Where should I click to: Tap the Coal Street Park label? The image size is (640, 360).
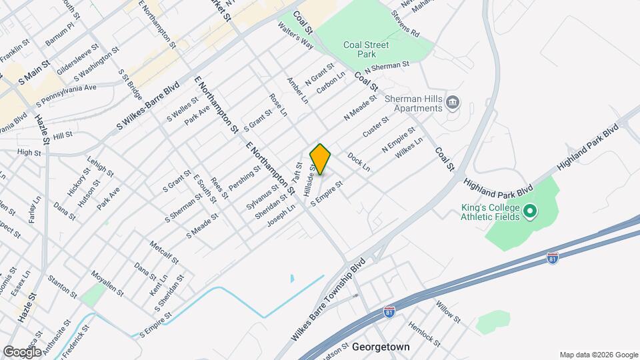pos(366,50)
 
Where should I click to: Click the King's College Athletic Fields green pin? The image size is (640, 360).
pos(531,212)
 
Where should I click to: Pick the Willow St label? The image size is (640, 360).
pos(448,311)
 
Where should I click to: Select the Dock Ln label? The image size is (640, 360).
pos(358,163)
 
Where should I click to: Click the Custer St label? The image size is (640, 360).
pos(375,127)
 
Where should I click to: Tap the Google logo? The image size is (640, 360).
pos(22,351)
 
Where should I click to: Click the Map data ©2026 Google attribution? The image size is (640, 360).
pos(597,355)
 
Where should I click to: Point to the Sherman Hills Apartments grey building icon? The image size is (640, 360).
pos(453,102)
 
